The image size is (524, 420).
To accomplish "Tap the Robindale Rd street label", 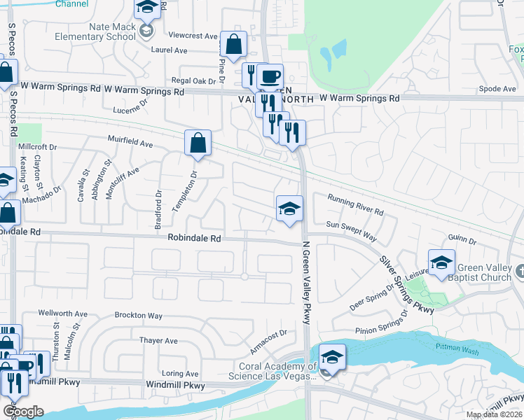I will (x=194, y=239).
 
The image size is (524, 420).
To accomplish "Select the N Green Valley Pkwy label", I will (x=306, y=282).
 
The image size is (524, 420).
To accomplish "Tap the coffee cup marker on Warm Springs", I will (x=270, y=78).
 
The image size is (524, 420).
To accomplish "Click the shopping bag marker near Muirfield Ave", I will (x=198, y=143).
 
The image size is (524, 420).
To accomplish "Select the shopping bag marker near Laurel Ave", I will (x=233, y=45).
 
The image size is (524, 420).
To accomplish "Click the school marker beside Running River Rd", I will (x=289, y=209).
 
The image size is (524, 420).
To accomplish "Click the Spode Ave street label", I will (x=497, y=89).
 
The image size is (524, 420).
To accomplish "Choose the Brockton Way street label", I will (x=139, y=316).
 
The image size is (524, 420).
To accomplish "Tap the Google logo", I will (x=23, y=412).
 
